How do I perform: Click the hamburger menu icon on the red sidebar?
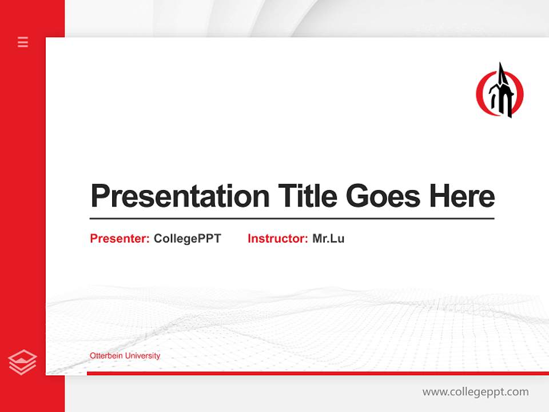[23, 42]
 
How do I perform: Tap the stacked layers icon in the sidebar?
[22, 362]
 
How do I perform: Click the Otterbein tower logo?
[500, 92]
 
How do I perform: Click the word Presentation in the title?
[180, 196]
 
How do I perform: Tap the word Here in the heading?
[462, 196]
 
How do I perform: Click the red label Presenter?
[120, 239]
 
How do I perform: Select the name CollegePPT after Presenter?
[187, 239]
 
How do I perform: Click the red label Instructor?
[277, 239]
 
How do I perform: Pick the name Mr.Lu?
[328, 239]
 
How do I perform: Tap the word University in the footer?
[142, 356]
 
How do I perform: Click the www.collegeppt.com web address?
[475, 392]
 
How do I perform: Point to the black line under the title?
[292, 218]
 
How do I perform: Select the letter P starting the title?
[100, 196]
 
